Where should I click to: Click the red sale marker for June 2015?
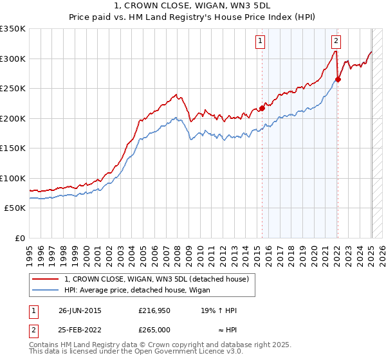[x=262, y=108]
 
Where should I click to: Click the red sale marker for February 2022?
[x=338, y=80]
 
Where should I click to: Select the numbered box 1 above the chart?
[x=261, y=42]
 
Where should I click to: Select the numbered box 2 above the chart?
[x=336, y=42]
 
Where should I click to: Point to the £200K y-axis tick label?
[x=13, y=118]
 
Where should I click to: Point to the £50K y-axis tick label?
[x=15, y=208]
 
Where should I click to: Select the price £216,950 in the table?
[x=154, y=311]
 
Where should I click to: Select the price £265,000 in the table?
[x=154, y=329]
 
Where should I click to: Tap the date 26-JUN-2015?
[x=80, y=311]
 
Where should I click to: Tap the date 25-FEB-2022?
[x=80, y=329]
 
